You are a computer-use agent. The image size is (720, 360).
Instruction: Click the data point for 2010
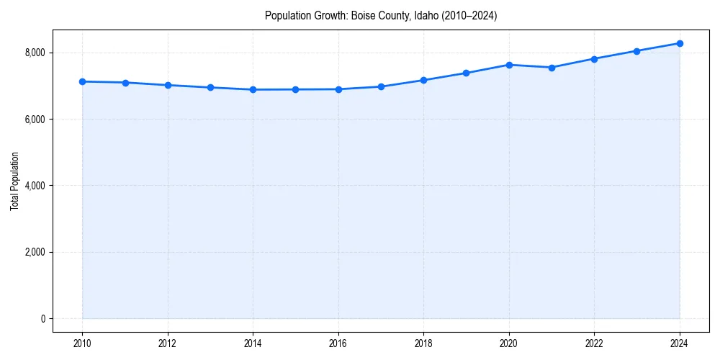click(x=82, y=81)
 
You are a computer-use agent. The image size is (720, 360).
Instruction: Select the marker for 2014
click(x=253, y=89)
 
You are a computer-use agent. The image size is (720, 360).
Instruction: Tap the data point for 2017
click(x=381, y=86)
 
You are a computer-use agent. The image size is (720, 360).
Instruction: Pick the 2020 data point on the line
click(x=509, y=65)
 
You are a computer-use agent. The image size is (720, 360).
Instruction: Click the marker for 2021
click(x=552, y=68)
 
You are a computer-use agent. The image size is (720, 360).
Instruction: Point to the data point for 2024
click(x=680, y=43)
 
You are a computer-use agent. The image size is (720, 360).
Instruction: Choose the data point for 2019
click(x=467, y=73)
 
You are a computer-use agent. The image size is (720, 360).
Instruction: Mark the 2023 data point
click(x=637, y=51)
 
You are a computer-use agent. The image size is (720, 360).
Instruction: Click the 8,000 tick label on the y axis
click(x=35, y=53)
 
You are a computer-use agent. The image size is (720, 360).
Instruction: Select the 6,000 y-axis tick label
click(x=35, y=120)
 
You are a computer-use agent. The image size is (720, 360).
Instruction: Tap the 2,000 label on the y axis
click(x=35, y=253)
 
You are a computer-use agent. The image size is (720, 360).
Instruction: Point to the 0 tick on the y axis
click(x=42, y=319)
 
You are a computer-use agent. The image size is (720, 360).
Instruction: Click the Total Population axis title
click(x=14, y=186)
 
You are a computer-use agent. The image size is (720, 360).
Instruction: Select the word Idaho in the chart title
click(x=425, y=15)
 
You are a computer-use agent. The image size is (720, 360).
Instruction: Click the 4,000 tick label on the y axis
click(x=35, y=186)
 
